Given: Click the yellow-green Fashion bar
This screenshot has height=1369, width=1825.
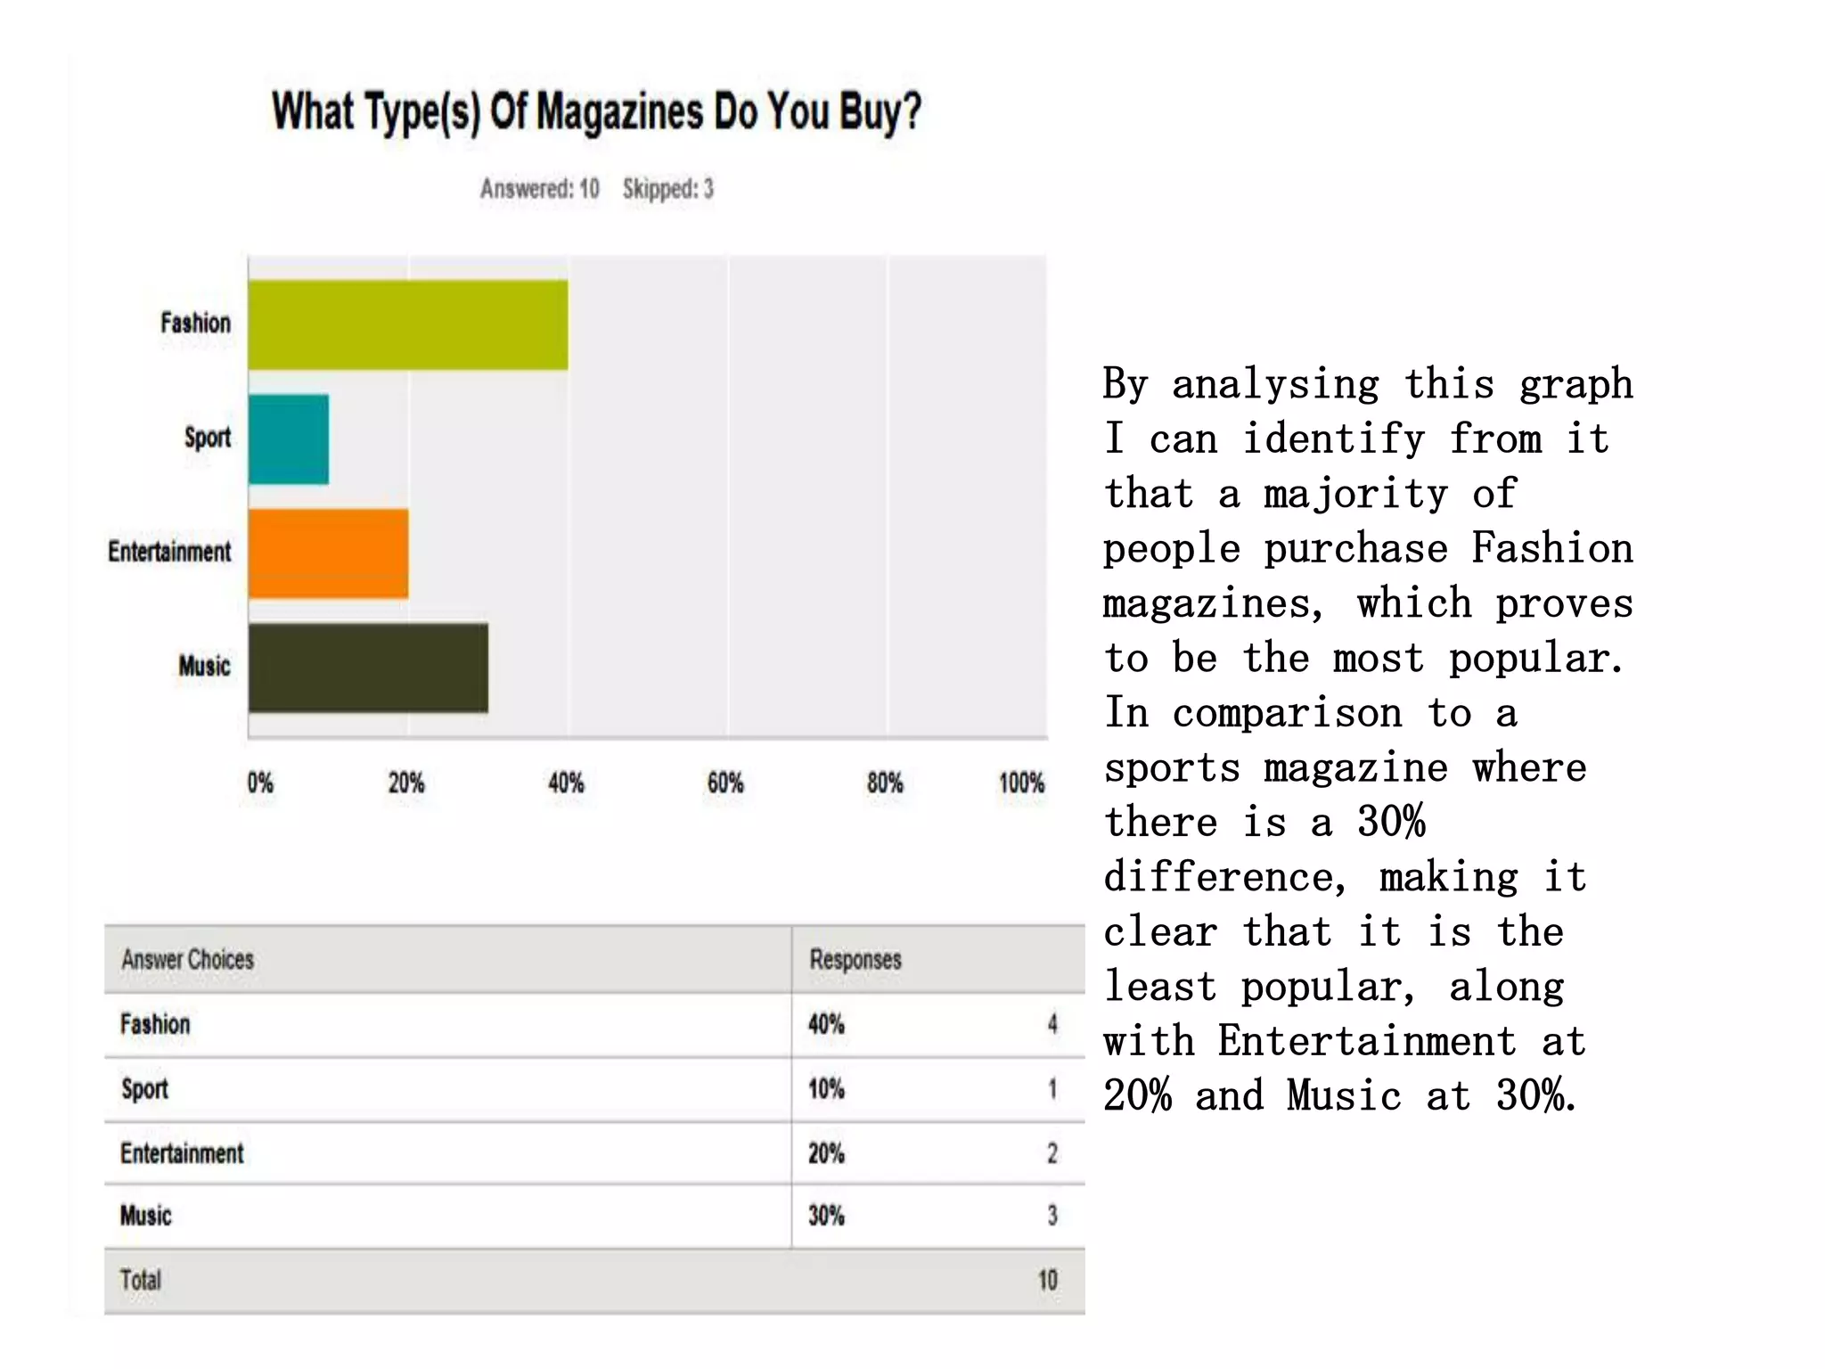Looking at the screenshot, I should pos(407,324).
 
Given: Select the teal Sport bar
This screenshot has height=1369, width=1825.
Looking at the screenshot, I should pos(288,439).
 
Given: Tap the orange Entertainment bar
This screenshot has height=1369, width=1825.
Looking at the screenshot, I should pos(328,553).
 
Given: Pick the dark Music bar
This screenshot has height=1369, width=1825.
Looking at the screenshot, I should pos(368,668).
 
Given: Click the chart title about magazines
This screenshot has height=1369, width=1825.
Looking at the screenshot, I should pos(596,112).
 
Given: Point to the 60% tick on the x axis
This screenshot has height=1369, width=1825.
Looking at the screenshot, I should pos(725,783).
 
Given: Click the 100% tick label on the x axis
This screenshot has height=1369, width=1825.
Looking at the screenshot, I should pos(1021,783).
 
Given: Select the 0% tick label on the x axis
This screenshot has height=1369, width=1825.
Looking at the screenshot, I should pos(260,783).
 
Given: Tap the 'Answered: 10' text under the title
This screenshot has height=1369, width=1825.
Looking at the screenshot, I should pos(539,189).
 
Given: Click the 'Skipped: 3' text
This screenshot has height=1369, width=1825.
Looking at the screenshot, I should pos(668,189).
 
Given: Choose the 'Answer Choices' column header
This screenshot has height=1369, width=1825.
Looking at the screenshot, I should pos(188,960).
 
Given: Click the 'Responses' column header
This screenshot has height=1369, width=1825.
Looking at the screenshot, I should pos(855,960).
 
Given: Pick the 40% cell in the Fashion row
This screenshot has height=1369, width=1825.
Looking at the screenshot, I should pos(826,1024).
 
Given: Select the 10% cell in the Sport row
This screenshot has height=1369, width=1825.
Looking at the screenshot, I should pos(826,1089).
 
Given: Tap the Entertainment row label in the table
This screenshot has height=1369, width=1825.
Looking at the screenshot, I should pos(182,1153).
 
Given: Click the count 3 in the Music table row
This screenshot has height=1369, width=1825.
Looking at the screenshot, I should pos(1052,1216).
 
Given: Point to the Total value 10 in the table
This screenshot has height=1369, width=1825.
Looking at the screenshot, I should pos(1048,1281).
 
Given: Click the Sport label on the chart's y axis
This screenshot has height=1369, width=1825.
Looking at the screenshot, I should pos(208,438).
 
